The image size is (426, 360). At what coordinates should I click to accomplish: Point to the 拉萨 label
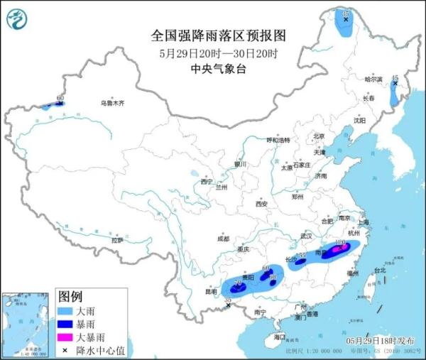(116, 240)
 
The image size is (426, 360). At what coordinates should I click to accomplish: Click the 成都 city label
(224, 238)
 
